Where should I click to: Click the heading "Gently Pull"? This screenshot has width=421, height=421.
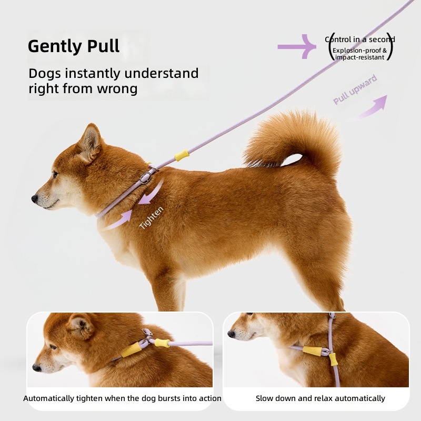pyautogui.click(x=74, y=46)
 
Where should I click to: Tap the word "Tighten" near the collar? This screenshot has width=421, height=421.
pyautogui.click(x=151, y=217)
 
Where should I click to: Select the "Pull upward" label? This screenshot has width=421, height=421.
pyautogui.click(x=355, y=89)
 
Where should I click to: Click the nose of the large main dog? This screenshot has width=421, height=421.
pyautogui.click(x=35, y=199)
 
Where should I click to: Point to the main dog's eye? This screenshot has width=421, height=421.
pyautogui.click(x=55, y=175)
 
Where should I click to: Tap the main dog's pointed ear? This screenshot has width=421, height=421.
pyautogui.click(x=91, y=142)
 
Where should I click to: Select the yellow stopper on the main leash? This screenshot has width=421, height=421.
pyautogui.click(x=182, y=155)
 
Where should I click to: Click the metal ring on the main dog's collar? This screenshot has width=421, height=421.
pyautogui.click(x=146, y=178)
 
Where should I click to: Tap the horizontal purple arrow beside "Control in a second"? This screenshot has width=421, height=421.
pyautogui.click(x=297, y=47)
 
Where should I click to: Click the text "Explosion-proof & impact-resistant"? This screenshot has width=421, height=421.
pyautogui.click(x=359, y=54)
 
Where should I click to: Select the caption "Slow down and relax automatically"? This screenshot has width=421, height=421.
pyautogui.click(x=320, y=398)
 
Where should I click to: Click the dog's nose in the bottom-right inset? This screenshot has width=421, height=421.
pyautogui.click(x=231, y=334)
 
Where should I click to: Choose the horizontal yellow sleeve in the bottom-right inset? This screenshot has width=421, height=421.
pyautogui.click(x=312, y=351)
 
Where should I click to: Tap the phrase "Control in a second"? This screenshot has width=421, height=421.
pyautogui.click(x=360, y=39)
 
